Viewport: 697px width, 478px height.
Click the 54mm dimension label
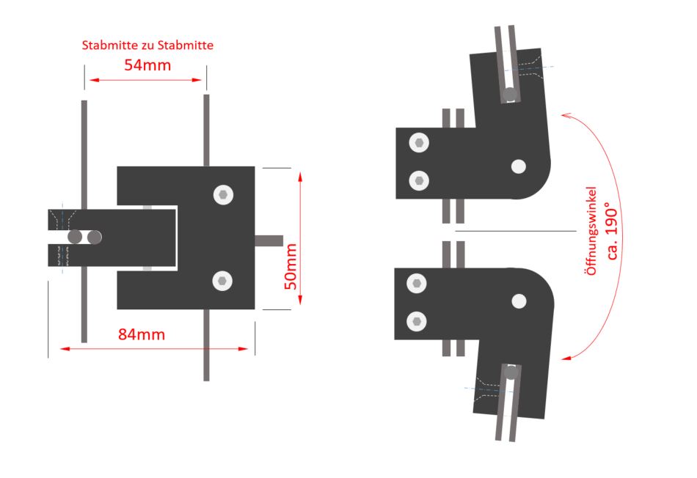tap(147, 65)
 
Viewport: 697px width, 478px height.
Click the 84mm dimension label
tap(142, 334)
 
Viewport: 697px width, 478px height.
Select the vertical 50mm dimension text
tap(291, 267)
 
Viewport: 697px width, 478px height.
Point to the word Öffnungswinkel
tap(591, 230)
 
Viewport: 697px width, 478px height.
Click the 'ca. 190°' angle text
tap(612, 231)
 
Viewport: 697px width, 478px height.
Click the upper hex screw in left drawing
tap(223, 195)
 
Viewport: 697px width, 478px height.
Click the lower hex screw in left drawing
tap(222, 282)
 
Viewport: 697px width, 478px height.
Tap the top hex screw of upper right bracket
tap(419, 143)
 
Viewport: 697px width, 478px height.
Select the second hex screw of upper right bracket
tap(419, 181)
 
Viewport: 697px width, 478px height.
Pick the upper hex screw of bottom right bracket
tap(417, 284)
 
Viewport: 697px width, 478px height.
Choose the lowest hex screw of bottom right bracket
tap(417, 321)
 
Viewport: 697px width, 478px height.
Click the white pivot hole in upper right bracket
tap(518, 166)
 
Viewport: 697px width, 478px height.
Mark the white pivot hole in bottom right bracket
tap(519, 301)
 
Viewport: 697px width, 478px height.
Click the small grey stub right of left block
tap(269, 240)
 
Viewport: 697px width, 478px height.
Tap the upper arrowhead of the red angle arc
tap(566, 116)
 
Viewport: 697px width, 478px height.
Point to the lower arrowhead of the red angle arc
tap(566, 357)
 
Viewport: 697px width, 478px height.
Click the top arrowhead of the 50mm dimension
tap(300, 177)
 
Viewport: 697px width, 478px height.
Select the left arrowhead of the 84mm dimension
tap(65, 349)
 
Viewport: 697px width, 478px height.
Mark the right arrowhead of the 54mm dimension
tap(197, 80)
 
